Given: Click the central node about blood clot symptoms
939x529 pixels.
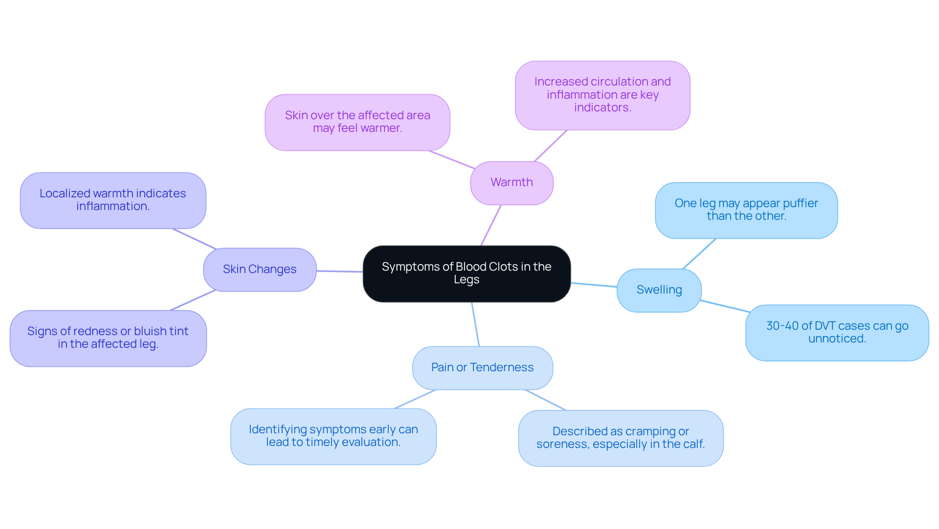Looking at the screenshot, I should (467, 274).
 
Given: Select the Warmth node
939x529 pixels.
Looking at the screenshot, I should (512, 183).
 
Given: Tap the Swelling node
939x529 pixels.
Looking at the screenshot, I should (659, 290).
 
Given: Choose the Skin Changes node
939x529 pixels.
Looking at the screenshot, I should (260, 270).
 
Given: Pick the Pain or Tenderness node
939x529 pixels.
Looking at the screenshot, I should (482, 368).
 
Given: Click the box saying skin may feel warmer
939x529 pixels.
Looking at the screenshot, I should (357, 122).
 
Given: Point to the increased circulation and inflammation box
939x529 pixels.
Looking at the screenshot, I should (602, 95).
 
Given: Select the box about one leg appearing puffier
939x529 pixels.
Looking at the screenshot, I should (746, 210).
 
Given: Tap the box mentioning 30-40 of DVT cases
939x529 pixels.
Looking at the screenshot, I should (837, 333).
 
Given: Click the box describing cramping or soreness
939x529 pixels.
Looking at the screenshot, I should (620, 438).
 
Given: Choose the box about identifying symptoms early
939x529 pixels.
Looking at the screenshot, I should (333, 436).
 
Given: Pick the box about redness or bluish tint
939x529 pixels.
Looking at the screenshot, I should (108, 338).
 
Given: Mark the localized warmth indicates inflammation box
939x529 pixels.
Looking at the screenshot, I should (112, 200).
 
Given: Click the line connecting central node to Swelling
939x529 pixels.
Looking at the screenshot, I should (594, 285).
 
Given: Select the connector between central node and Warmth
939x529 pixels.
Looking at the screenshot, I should (491, 225).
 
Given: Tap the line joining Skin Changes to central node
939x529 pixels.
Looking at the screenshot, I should (339, 271).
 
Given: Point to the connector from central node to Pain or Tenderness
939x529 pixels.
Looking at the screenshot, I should (475, 324).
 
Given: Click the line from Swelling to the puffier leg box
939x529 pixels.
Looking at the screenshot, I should (699, 254).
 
